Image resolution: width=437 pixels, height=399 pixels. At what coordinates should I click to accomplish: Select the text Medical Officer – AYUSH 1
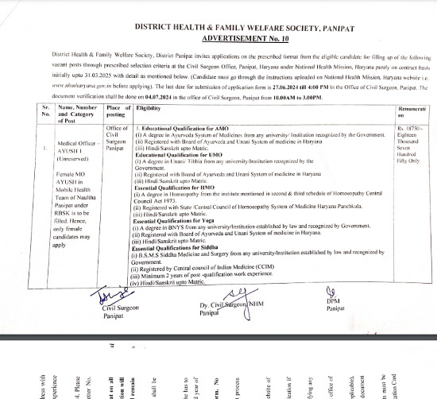72,149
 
